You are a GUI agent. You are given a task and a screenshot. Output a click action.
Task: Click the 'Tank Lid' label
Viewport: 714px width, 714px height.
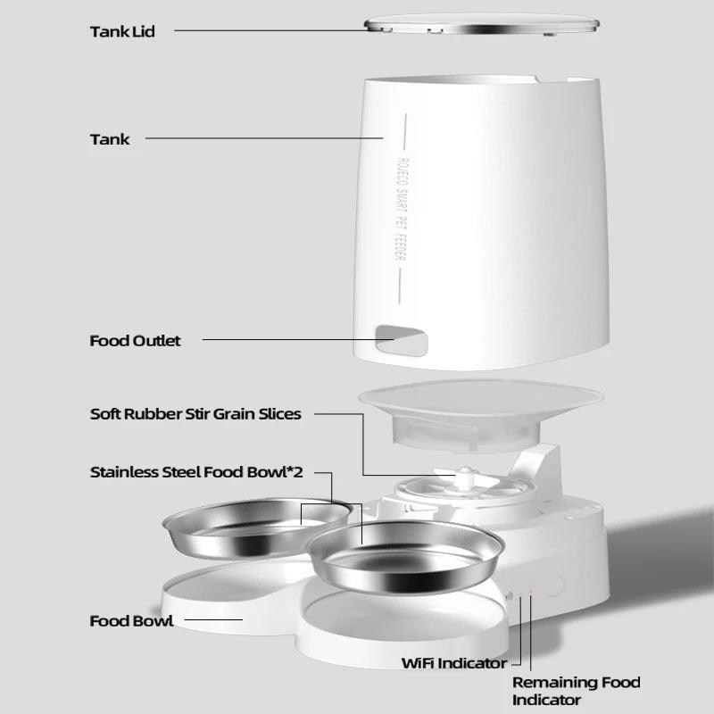coord(122,31)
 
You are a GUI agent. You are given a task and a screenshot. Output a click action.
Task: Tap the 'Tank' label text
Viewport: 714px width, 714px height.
coord(110,138)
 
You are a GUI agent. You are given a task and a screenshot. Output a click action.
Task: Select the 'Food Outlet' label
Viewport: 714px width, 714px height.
coord(135,340)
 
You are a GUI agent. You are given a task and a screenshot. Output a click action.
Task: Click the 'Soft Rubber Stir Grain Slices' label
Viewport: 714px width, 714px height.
coord(195,414)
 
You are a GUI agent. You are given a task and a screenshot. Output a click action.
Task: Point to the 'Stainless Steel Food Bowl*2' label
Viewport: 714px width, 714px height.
coord(196,472)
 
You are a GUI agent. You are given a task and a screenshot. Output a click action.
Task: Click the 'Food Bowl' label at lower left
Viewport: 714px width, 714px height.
coord(131,620)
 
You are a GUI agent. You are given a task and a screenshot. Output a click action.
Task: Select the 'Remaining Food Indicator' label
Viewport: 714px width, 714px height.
coord(576,692)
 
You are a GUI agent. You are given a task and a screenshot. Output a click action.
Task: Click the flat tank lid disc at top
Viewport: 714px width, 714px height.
coord(481,24)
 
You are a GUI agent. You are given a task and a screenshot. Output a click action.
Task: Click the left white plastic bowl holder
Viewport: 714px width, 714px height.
coord(214,594)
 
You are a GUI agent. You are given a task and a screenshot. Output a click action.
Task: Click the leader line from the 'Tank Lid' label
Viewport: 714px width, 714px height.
coord(268,31)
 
